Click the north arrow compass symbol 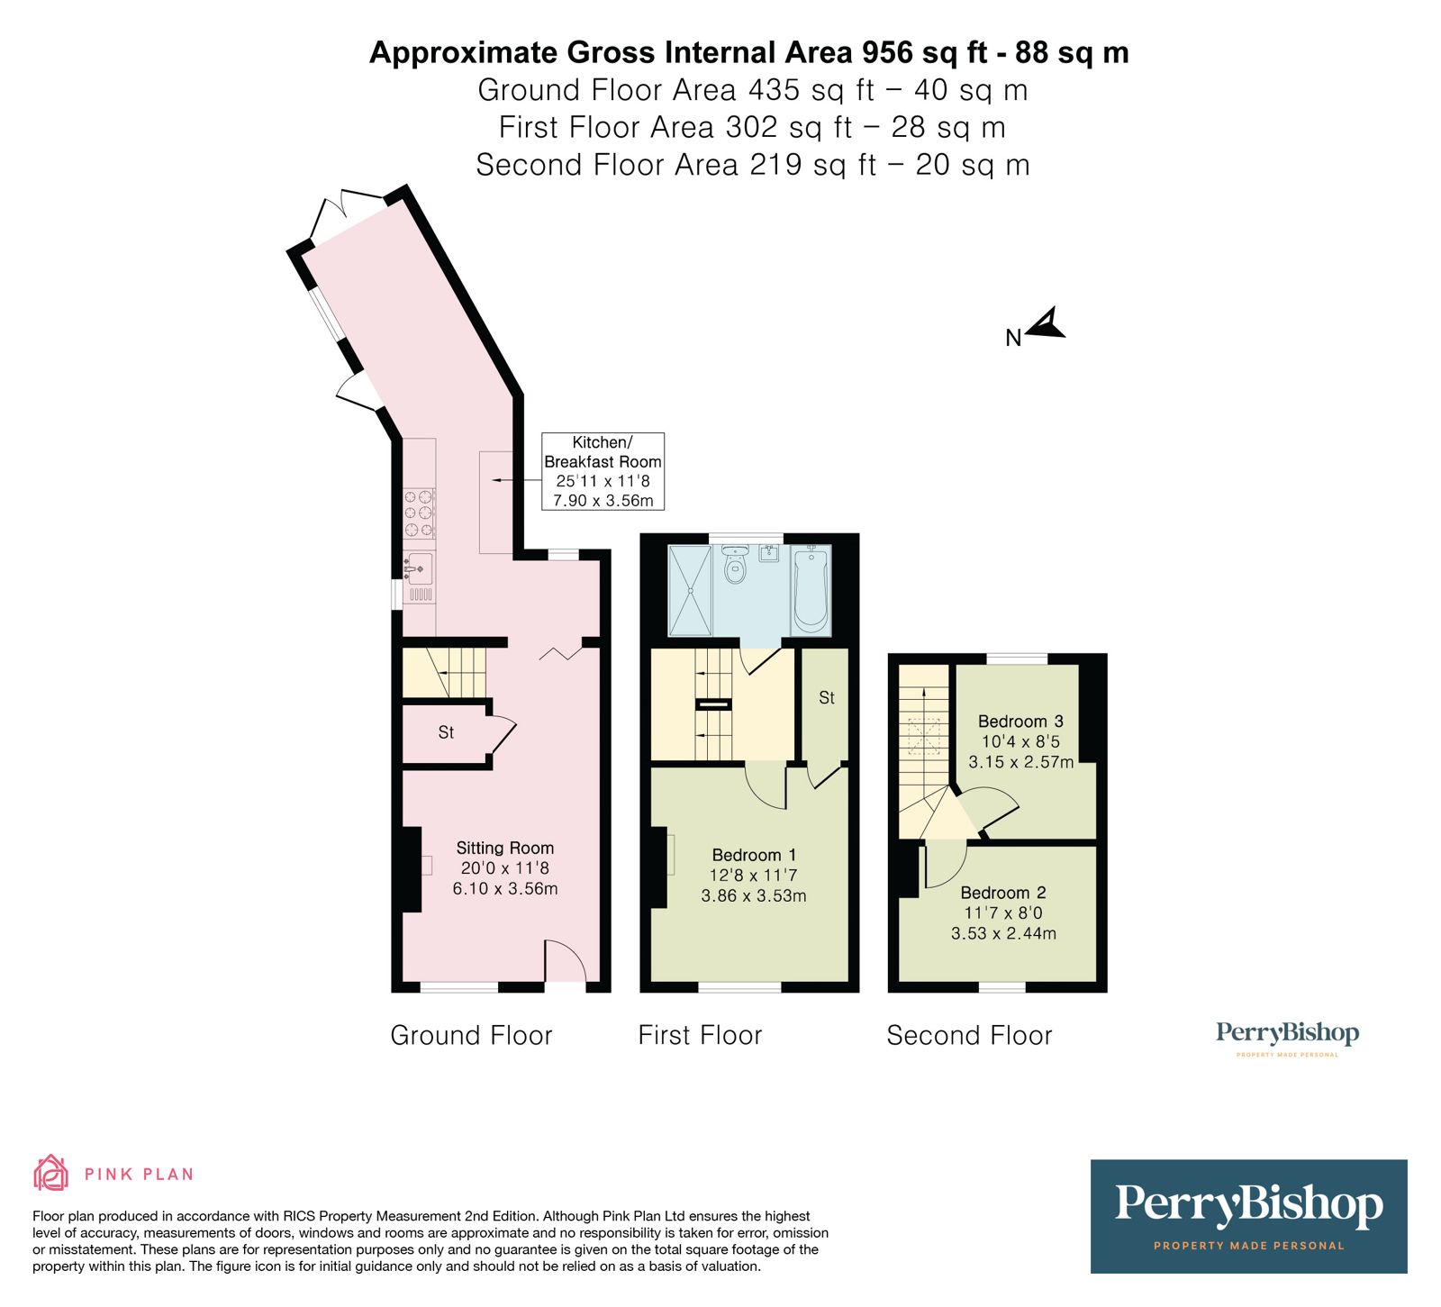1047,325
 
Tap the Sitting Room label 504,848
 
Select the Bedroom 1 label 754,855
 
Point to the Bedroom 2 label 1003,893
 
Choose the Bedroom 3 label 1020,721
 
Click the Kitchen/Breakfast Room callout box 603,471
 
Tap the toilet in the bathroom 736,566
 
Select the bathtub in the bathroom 810,590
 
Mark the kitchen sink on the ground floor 418,568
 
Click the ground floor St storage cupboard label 446,732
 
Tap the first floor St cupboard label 827,697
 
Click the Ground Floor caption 471,1035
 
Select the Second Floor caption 969,1035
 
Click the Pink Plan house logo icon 50,1173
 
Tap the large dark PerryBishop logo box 1248,1216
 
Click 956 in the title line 887,52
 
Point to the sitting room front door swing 566,960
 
